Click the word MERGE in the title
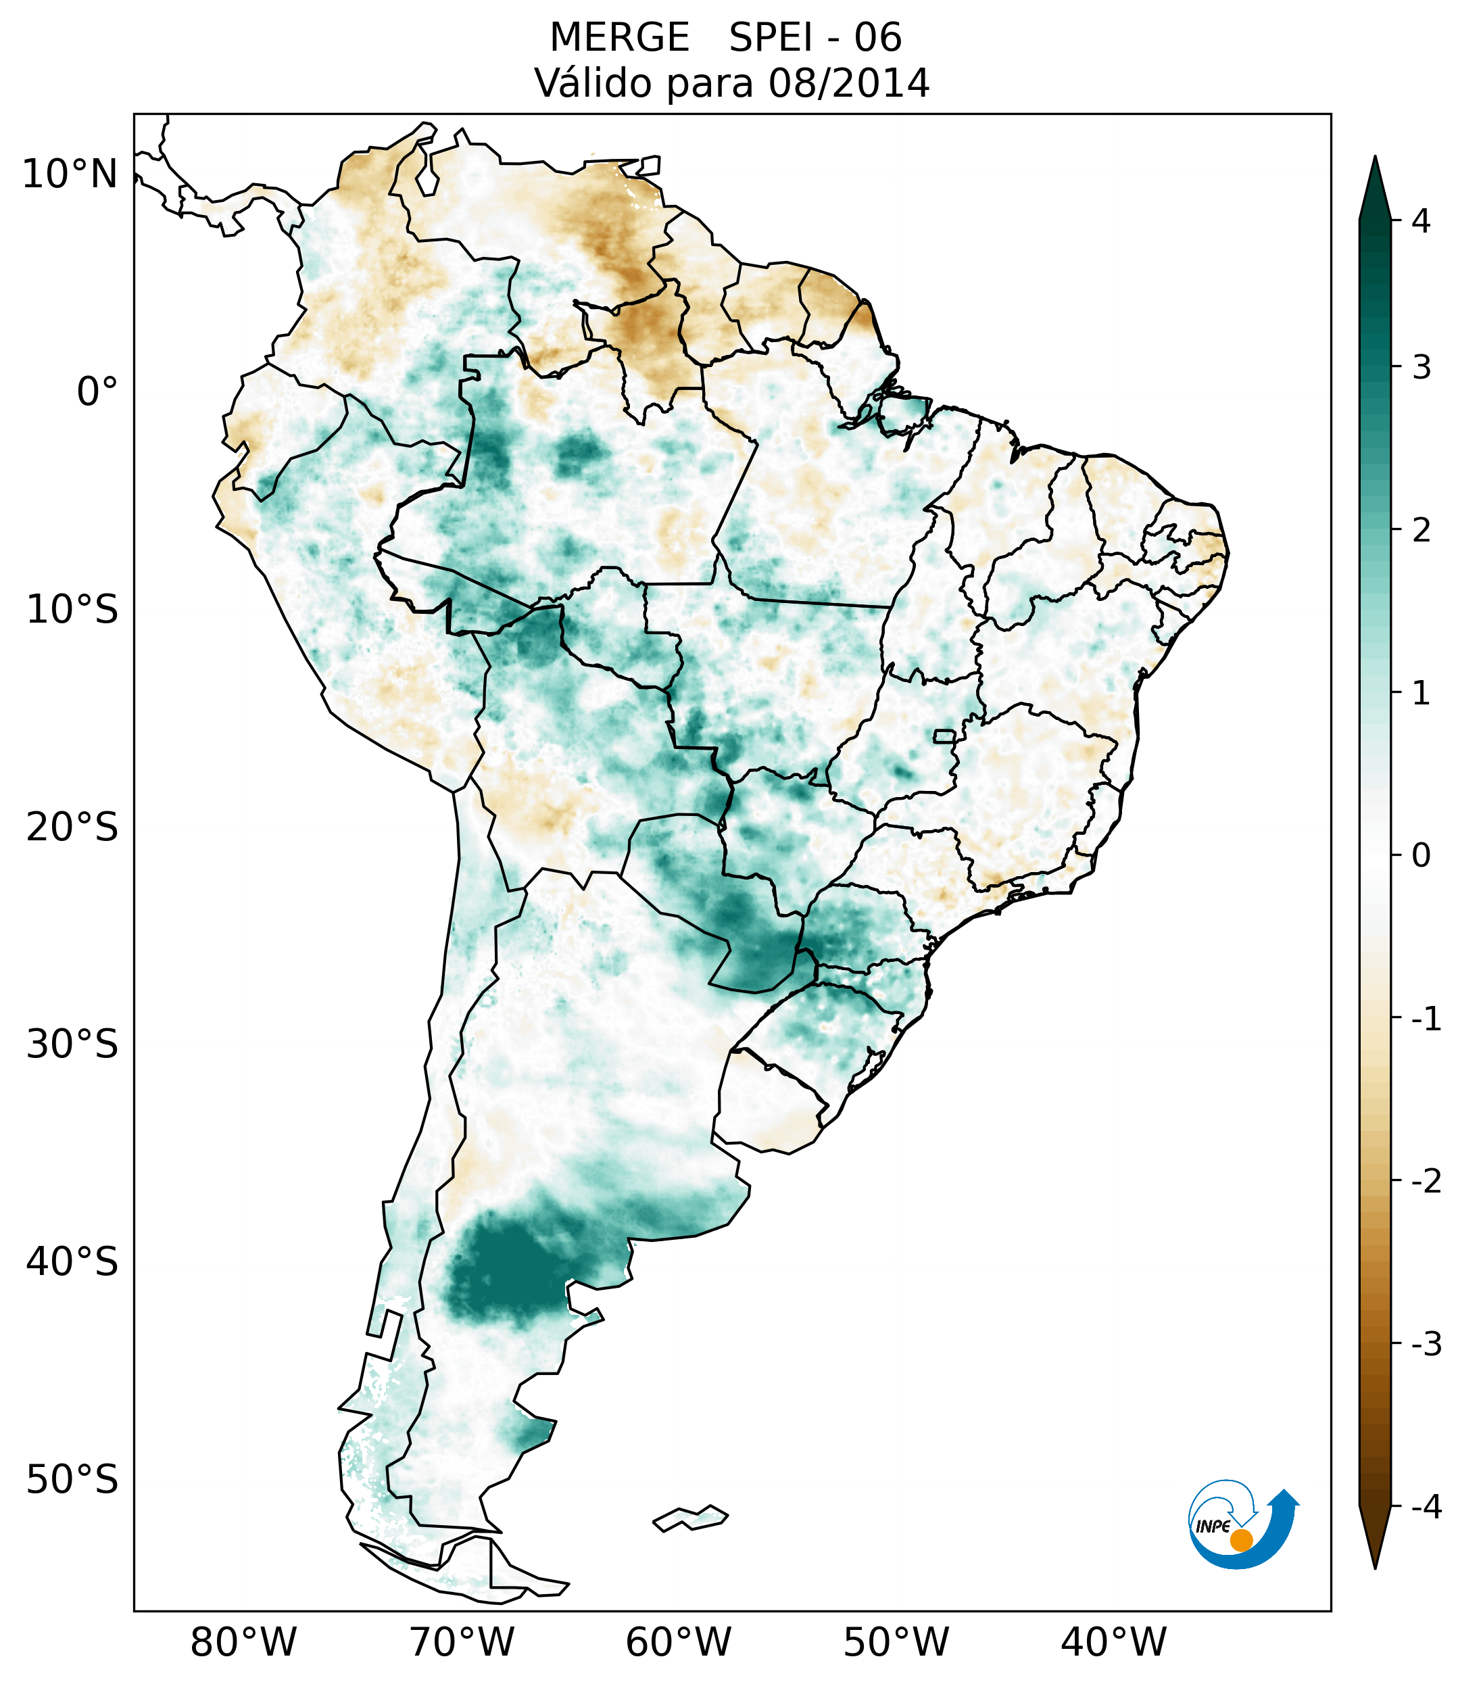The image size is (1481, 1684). point(619,38)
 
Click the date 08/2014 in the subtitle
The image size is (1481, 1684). point(848,83)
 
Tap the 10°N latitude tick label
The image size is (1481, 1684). point(70,174)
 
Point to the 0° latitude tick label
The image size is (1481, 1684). point(97,392)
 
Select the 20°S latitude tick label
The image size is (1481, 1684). point(72,827)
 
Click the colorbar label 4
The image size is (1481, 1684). point(1421,221)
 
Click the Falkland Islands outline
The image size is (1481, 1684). point(690,1518)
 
